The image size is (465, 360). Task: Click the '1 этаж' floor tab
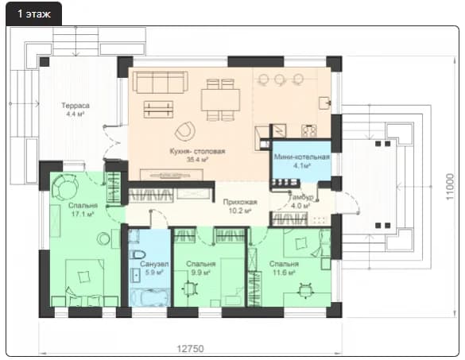click(x=34, y=14)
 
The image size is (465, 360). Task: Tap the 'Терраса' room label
click(x=76, y=106)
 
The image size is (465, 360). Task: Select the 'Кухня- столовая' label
click(x=197, y=151)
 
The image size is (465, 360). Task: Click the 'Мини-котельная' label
click(x=301, y=157)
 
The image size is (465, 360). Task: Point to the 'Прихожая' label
click(x=240, y=202)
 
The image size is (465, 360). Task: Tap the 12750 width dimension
click(x=191, y=348)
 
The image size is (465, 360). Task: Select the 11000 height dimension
click(x=450, y=187)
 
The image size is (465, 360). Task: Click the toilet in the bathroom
click(x=138, y=254)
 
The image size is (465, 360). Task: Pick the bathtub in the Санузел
click(x=150, y=297)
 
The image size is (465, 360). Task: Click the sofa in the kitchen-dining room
click(x=160, y=82)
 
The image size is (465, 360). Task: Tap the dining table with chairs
click(x=220, y=100)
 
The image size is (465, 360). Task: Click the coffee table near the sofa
click(x=158, y=109)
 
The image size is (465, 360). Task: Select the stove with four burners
click(x=309, y=130)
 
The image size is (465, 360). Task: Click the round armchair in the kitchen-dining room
click(x=185, y=131)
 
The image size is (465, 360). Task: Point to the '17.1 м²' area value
click(x=83, y=214)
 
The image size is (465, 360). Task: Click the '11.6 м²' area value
click(x=284, y=273)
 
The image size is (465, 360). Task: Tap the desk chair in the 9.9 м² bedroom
click(x=189, y=288)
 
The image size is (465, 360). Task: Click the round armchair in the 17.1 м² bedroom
click(x=65, y=187)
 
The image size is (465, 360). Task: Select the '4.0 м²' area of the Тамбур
click(x=300, y=206)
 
